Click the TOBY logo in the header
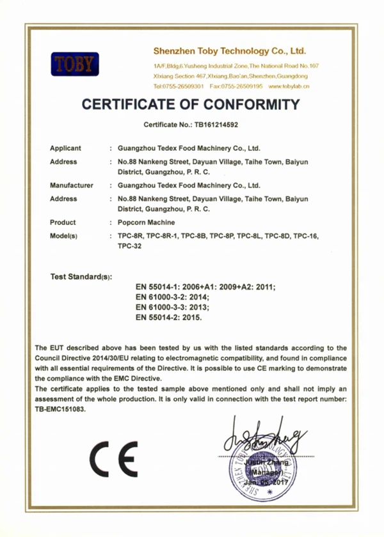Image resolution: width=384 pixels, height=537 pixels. pos(75,65)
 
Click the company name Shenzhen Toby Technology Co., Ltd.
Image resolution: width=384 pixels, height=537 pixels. pos(230,50)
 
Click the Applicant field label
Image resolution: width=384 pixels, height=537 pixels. pos(66,148)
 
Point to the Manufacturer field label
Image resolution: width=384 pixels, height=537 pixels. pos(72,185)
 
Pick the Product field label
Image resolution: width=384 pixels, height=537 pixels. pos(63,222)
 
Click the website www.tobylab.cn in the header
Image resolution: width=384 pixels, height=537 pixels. pos(289,86)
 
